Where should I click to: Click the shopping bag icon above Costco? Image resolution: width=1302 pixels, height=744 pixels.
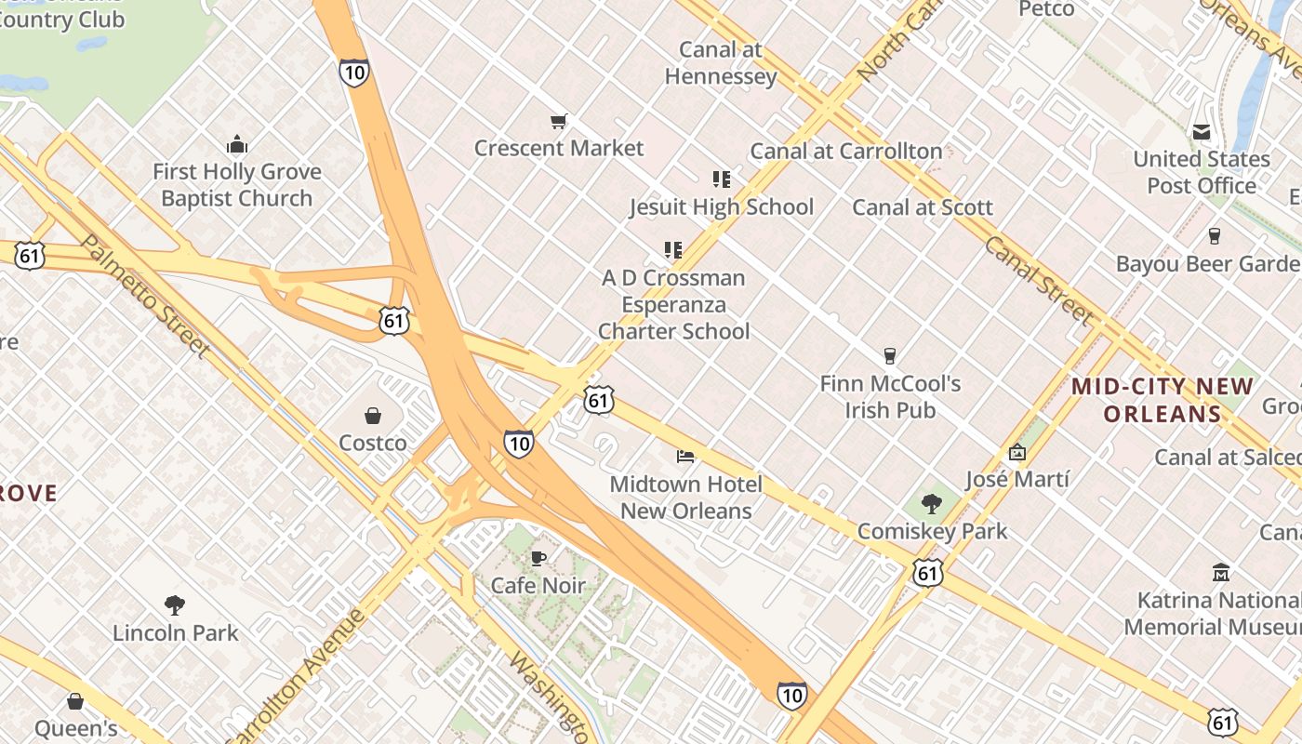point(373,415)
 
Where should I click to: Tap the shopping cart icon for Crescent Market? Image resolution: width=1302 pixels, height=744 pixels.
point(559,121)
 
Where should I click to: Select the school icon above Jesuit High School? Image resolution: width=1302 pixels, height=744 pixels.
point(722,179)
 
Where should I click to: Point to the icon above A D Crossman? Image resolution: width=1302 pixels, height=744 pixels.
point(673,249)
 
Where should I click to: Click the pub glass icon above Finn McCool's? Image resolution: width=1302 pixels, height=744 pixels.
point(890,355)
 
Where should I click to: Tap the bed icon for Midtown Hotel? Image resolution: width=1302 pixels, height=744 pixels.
point(685,456)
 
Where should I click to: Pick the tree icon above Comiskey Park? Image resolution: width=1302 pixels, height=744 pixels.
point(932,504)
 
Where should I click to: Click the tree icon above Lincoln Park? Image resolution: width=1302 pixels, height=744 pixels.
point(175,605)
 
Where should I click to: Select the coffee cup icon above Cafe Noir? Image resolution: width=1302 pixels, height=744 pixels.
point(538,558)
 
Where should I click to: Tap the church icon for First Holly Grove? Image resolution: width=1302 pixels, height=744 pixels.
point(237,144)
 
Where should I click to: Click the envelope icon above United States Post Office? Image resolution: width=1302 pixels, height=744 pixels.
point(1202,132)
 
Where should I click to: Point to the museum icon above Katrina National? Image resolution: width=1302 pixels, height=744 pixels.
point(1221,572)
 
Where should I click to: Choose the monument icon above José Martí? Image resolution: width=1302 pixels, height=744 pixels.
point(1017,453)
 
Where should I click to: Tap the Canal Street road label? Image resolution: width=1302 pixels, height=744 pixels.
point(1038,280)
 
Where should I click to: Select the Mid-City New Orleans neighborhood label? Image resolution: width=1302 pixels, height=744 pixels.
point(1162,400)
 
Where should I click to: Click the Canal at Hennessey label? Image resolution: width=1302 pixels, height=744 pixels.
point(721,62)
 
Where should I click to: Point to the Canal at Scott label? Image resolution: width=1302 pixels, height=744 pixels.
point(923,207)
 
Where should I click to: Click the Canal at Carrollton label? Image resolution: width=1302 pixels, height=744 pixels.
point(846,151)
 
